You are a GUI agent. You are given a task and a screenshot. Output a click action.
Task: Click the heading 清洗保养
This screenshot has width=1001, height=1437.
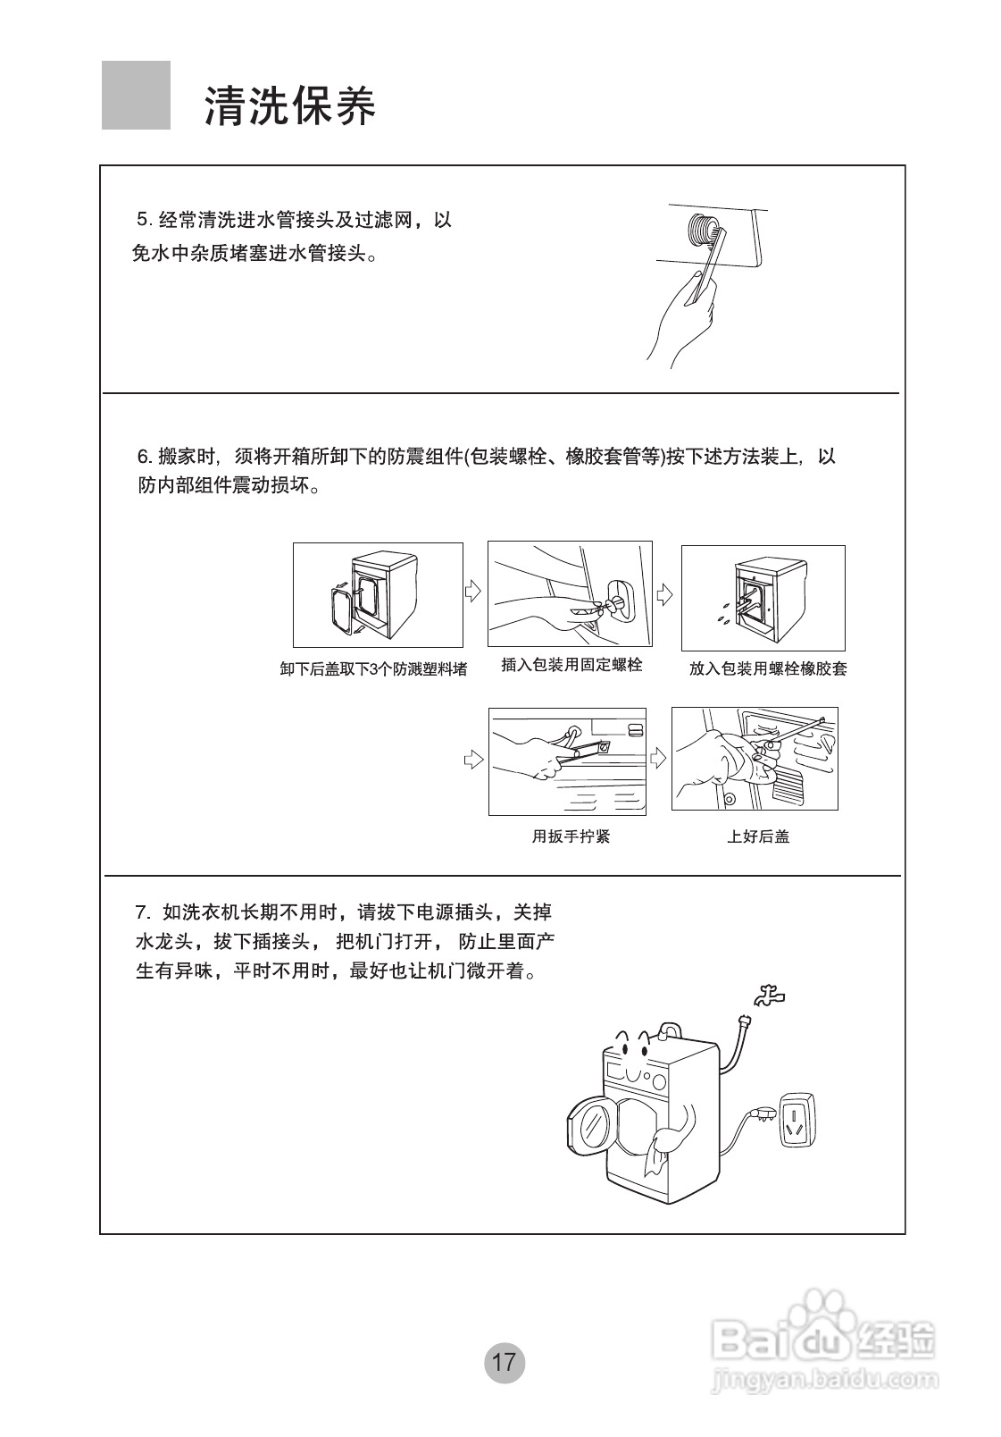tap(290, 105)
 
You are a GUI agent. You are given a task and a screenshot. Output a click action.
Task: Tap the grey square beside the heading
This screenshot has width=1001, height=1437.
tap(136, 96)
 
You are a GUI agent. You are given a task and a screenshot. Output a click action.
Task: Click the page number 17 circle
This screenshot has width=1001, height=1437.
tap(504, 1362)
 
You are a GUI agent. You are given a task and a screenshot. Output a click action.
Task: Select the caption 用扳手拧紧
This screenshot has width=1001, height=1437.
tap(571, 836)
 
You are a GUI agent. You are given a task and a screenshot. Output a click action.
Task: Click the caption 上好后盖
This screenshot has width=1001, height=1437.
tap(757, 836)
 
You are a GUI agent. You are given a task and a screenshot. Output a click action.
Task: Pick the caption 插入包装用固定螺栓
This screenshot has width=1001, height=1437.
tap(571, 665)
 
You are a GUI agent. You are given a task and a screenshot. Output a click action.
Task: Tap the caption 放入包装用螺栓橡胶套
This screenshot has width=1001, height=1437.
tap(767, 668)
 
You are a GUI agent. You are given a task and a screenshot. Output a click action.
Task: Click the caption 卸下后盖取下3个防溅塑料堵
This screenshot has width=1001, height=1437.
tap(373, 669)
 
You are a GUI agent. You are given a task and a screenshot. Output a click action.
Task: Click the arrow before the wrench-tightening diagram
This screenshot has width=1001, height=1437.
tap(473, 760)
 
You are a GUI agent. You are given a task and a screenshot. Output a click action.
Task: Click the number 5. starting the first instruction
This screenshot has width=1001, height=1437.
tap(144, 220)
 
